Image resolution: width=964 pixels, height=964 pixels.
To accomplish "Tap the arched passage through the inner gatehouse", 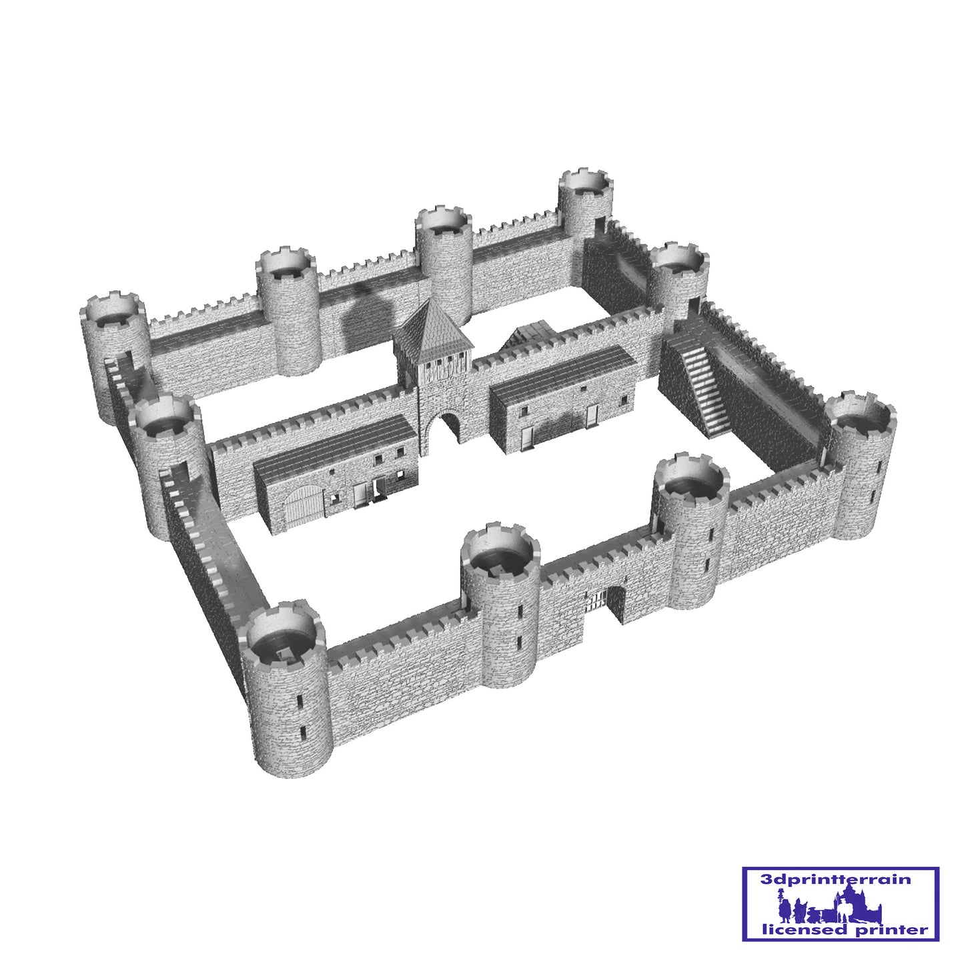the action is coord(450,432).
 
